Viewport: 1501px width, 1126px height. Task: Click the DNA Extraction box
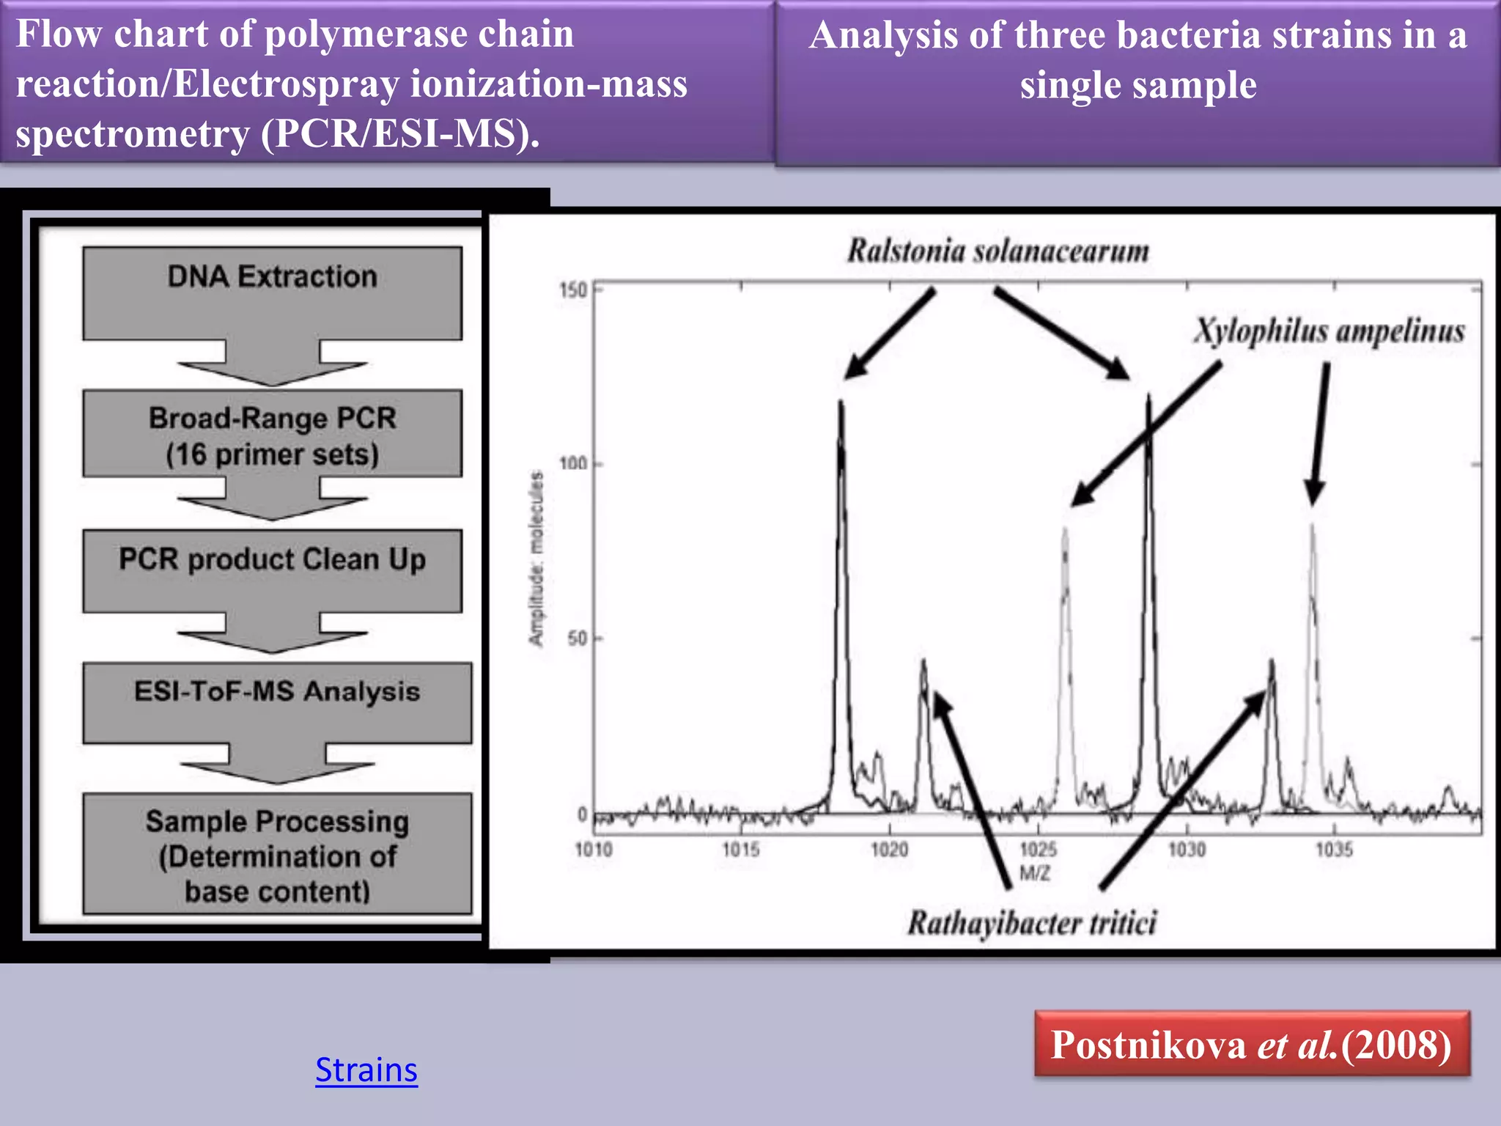click(272, 292)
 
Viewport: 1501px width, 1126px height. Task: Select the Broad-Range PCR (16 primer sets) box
click(272, 434)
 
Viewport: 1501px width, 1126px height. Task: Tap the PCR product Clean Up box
click(272, 570)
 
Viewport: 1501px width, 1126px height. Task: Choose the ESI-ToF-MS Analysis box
click(277, 702)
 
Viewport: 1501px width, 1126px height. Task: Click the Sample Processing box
click(277, 854)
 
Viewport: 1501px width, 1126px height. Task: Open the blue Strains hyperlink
click(366, 1070)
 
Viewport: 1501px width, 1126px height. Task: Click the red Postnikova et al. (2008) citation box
click(1252, 1044)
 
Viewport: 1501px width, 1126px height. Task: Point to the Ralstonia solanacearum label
click(997, 251)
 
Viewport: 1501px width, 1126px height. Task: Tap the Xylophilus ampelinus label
click(1329, 331)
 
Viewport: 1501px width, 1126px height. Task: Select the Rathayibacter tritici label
click(1032, 922)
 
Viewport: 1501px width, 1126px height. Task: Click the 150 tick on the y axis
click(573, 290)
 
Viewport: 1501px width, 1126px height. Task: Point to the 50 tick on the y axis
click(578, 639)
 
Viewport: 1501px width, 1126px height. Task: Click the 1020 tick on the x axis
click(889, 850)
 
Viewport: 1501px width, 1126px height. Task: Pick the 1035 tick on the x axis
click(1334, 850)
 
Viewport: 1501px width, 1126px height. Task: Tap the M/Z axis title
click(1035, 873)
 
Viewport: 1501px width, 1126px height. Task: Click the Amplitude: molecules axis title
click(536, 559)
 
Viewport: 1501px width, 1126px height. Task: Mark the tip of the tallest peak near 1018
click(841, 402)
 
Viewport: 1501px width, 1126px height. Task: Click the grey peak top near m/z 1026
click(1064, 529)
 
